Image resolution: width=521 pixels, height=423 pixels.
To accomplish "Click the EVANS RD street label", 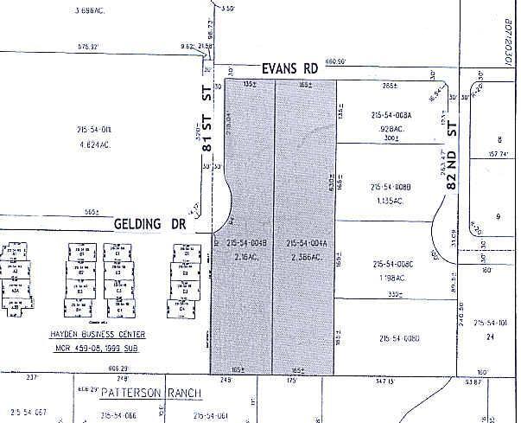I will coord(289,67).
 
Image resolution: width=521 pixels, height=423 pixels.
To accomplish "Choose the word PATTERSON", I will coord(130,394).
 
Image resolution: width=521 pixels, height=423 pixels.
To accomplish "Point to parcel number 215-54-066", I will coord(115,415).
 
